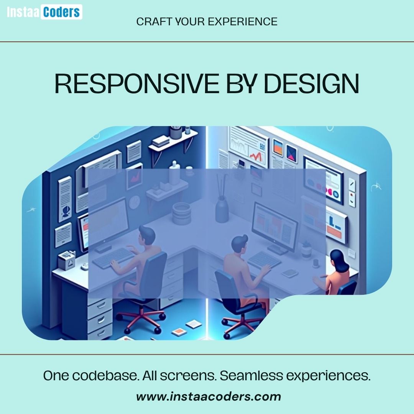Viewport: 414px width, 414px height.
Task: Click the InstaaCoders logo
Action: [44, 12]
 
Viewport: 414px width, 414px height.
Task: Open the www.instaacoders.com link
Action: [209, 396]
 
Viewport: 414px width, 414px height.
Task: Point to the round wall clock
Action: [135, 202]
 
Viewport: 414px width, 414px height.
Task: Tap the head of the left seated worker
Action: [146, 234]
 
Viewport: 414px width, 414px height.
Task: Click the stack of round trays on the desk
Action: [181, 213]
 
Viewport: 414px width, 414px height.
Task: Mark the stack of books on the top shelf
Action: [160, 141]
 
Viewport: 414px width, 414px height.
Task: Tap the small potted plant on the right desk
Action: [306, 249]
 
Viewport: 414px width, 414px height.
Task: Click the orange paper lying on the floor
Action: [179, 332]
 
